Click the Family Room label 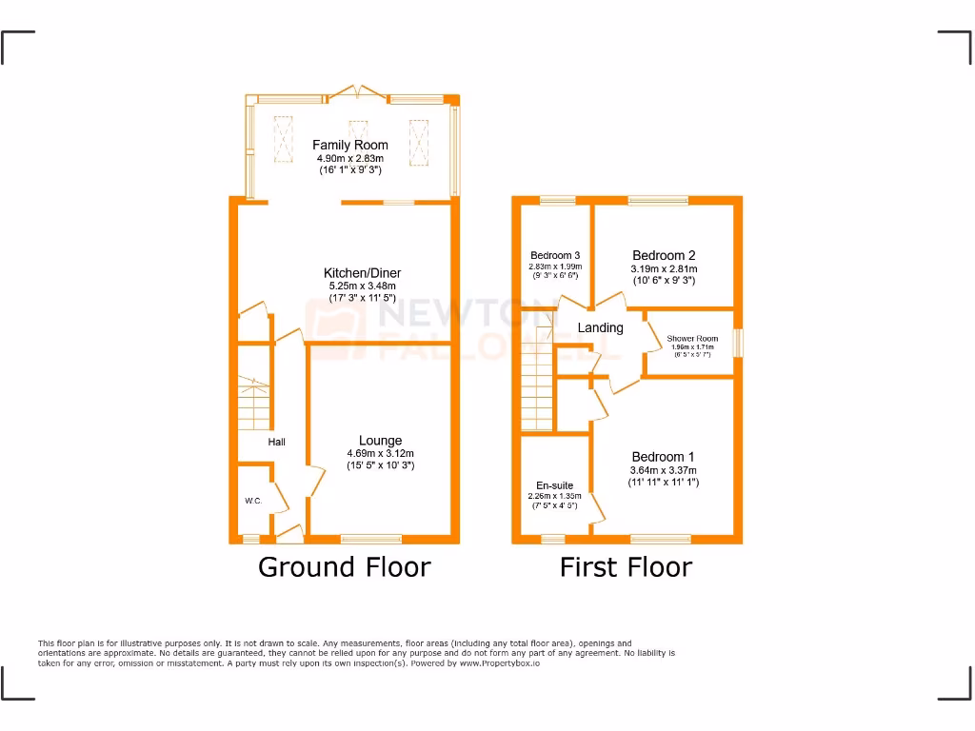click(x=350, y=146)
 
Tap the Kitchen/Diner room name click(x=362, y=273)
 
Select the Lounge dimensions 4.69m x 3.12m click(x=380, y=454)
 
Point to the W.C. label click(x=252, y=501)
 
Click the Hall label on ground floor click(x=276, y=442)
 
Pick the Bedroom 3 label click(x=555, y=256)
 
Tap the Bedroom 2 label click(x=664, y=255)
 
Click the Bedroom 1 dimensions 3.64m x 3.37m click(x=664, y=470)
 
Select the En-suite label click(x=554, y=485)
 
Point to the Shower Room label click(x=692, y=339)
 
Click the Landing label click(x=601, y=328)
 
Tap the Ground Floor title click(x=345, y=568)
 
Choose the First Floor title click(x=626, y=568)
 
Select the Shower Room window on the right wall click(x=738, y=343)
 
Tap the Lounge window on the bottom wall click(x=371, y=540)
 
